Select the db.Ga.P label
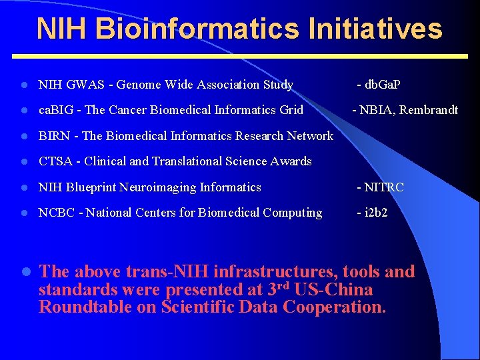tap(382, 85)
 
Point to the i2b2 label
tap(375, 213)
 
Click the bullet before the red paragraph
tap(23, 272)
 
